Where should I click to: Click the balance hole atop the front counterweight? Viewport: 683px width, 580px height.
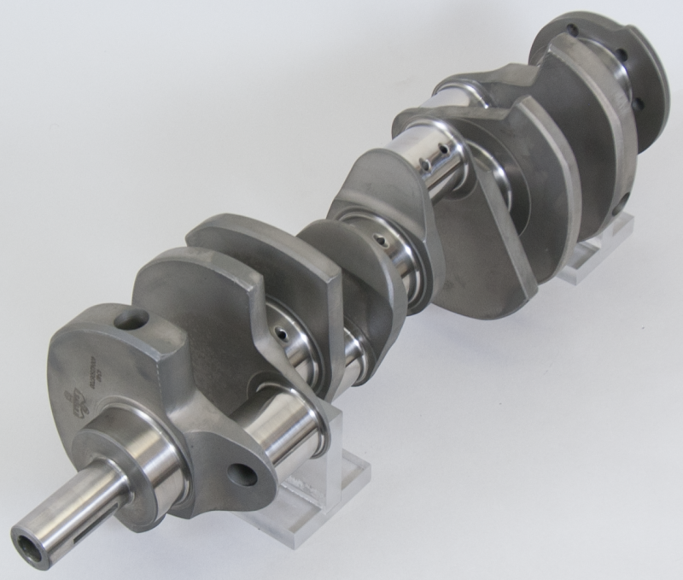(131, 320)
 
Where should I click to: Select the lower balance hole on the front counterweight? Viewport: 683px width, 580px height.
(242, 475)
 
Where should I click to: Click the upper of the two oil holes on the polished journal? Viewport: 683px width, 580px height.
(444, 148)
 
